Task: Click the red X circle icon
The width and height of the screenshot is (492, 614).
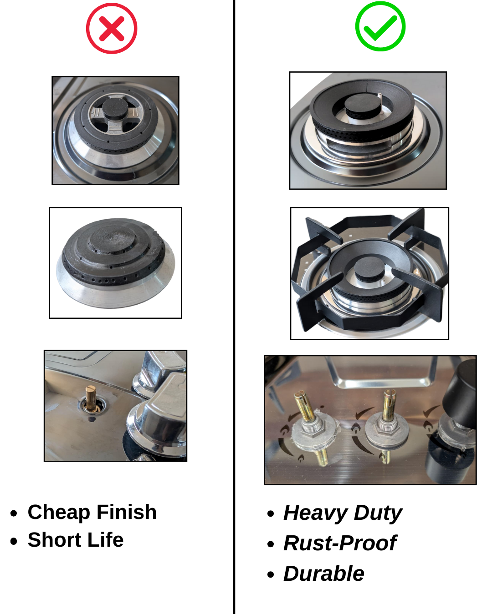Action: (112, 28)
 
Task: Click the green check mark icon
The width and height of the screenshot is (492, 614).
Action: (380, 26)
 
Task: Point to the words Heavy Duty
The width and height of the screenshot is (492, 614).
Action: (343, 513)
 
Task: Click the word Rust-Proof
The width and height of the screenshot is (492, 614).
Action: (340, 543)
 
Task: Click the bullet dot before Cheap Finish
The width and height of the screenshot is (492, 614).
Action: (13, 513)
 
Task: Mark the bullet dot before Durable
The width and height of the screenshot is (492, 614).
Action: (270, 574)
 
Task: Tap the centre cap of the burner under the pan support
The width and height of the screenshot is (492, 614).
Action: (369, 271)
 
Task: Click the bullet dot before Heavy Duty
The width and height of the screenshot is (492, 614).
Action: (270, 513)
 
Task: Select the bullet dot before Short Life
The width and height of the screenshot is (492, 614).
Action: (13, 541)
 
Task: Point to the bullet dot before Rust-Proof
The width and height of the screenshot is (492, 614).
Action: (270, 544)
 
